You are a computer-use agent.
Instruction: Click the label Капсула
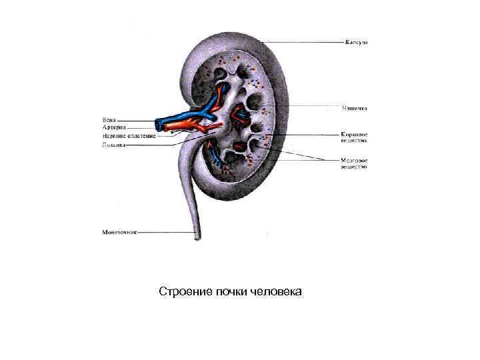356,43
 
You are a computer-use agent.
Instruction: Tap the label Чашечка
355,107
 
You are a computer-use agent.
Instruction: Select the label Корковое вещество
355,138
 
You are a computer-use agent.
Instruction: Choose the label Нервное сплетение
129,135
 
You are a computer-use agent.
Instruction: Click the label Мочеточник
119,233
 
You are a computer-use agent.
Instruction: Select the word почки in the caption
231,292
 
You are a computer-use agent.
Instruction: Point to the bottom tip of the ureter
197,239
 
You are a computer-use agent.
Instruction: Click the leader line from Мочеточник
163,233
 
